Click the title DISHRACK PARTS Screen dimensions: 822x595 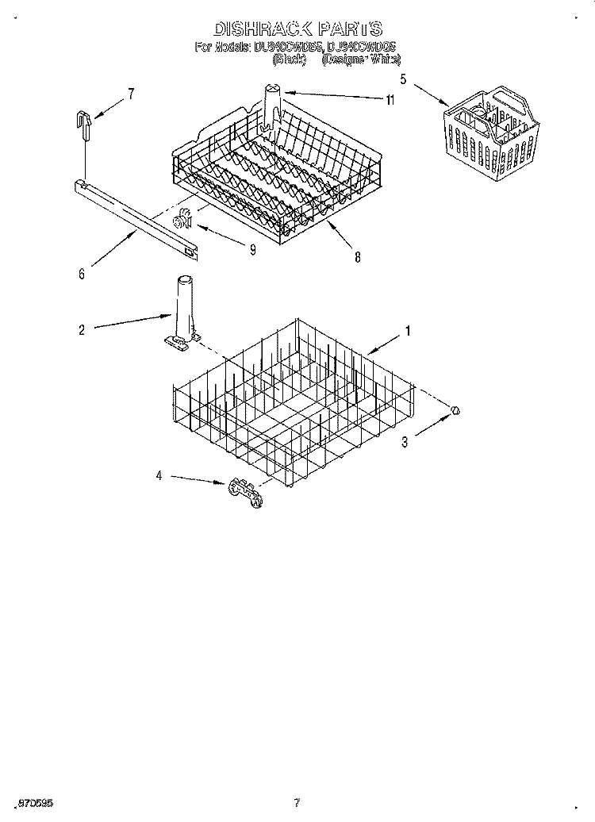(x=297, y=29)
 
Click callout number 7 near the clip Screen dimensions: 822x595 (x=131, y=94)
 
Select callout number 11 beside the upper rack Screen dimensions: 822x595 (x=390, y=99)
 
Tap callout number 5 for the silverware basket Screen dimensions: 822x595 (x=404, y=79)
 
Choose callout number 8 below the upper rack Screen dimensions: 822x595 (x=358, y=256)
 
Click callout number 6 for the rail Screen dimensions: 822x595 (x=82, y=275)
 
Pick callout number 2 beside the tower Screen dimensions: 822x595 (x=82, y=329)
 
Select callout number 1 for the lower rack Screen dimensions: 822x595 (x=408, y=332)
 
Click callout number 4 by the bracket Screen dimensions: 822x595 (x=159, y=476)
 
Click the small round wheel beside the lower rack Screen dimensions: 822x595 (x=456, y=409)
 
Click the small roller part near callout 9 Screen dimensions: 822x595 (x=186, y=216)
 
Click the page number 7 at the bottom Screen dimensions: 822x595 (x=296, y=803)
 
